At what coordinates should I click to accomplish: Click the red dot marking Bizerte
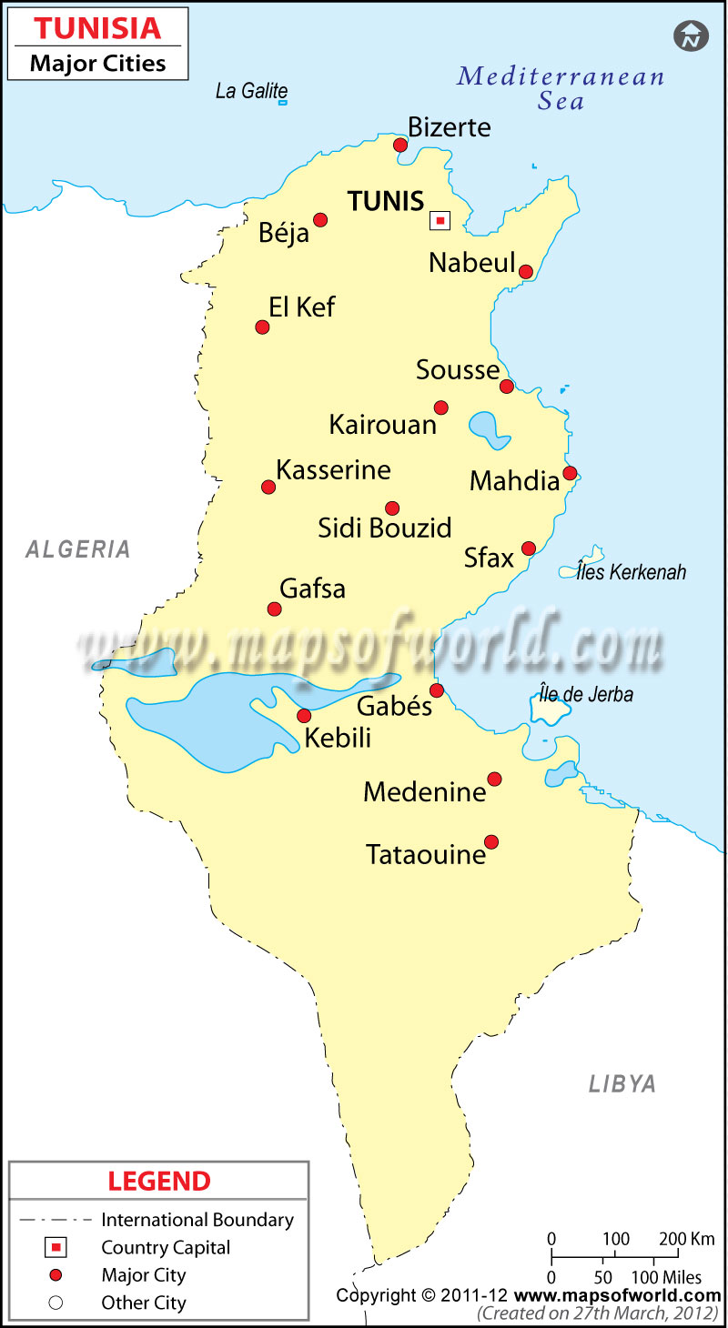click(400, 145)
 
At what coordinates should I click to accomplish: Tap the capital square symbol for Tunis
click(440, 220)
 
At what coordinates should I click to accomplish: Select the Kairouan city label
click(382, 424)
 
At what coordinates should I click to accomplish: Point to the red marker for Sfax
click(529, 548)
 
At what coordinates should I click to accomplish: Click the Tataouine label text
click(426, 855)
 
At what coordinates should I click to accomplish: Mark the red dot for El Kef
click(262, 327)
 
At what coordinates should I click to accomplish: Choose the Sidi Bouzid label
click(385, 528)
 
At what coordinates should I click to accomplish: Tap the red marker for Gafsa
click(274, 609)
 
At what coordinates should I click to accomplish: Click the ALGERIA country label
click(78, 549)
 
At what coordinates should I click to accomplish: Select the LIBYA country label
click(622, 1084)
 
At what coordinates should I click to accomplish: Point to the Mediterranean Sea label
click(561, 88)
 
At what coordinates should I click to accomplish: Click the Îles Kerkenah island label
click(631, 572)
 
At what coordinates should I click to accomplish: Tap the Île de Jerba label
click(586, 695)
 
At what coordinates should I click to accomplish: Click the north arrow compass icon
click(691, 36)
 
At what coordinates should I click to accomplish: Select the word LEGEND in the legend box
click(159, 1182)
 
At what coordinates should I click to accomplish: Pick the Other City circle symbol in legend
click(56, 1303)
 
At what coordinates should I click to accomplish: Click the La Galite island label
click(251, 91)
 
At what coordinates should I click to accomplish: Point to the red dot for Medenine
click(494, 779)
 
